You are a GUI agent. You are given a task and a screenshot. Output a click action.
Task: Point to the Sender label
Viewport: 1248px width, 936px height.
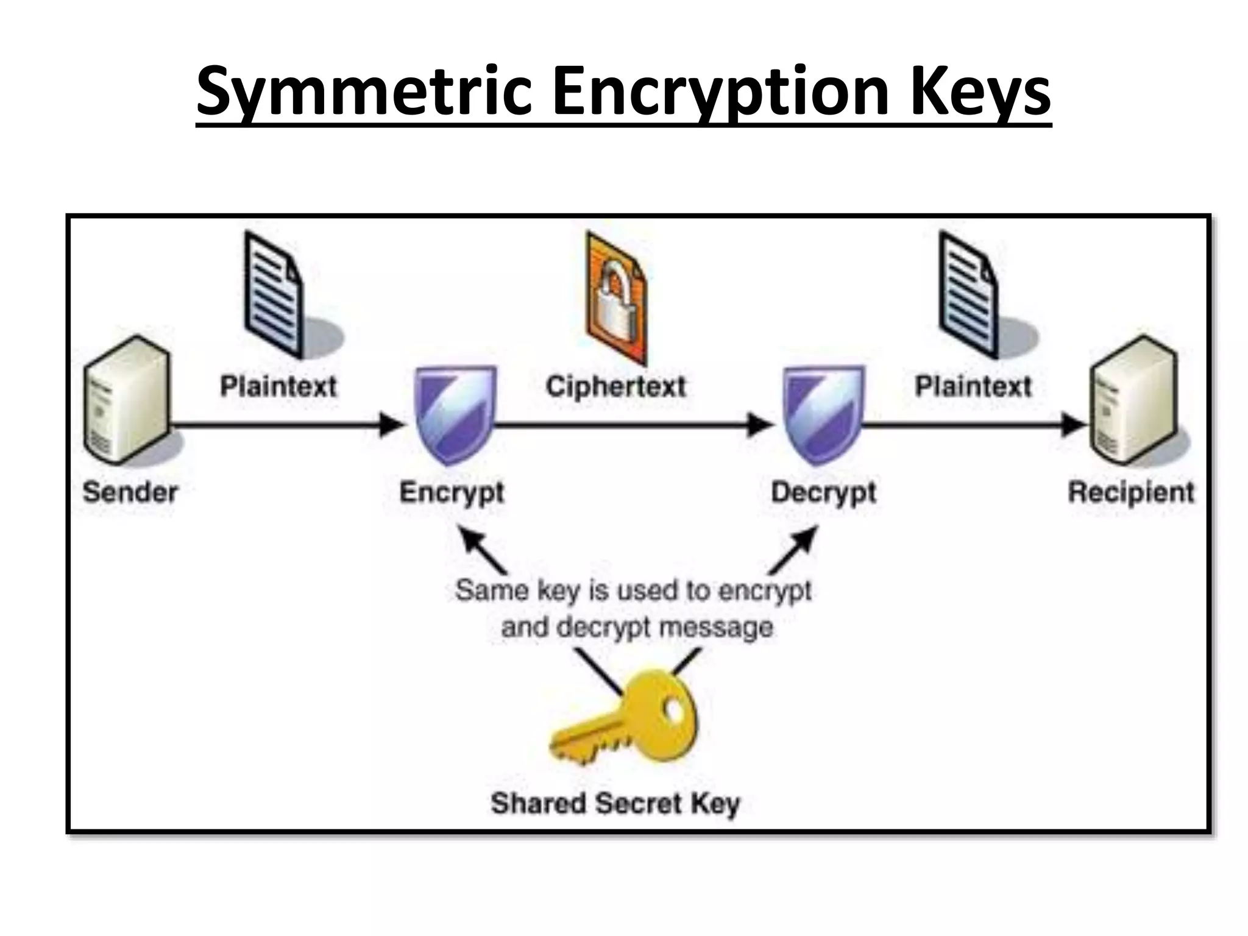[x=130, y=492]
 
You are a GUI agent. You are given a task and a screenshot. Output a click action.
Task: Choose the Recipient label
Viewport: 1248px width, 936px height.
[x=1131, y=492]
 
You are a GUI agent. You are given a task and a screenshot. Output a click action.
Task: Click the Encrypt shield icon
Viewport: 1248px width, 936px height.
[x=455, y=414]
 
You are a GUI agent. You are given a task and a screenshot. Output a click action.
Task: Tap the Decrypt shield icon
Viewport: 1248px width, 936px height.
[x=823, y=414]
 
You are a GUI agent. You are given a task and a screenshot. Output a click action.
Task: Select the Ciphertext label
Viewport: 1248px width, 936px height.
[x=615, y=386]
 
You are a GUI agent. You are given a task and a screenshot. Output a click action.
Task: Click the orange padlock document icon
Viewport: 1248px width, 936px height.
[x=615, y=299]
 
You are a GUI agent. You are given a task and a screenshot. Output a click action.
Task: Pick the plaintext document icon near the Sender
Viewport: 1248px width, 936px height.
[x=274, y=296]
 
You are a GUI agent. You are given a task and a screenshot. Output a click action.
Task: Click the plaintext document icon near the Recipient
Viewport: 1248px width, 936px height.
[x=968, y=296]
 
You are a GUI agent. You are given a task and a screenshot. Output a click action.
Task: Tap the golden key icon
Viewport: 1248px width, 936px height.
[x=628, y=719]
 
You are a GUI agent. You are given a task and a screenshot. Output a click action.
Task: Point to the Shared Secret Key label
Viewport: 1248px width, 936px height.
[x=615, y=803]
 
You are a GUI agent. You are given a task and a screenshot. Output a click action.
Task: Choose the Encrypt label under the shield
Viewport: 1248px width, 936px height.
[x=452, y=492]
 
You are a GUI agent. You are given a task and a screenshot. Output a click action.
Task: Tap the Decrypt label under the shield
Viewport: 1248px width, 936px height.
[x=823, y=492]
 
